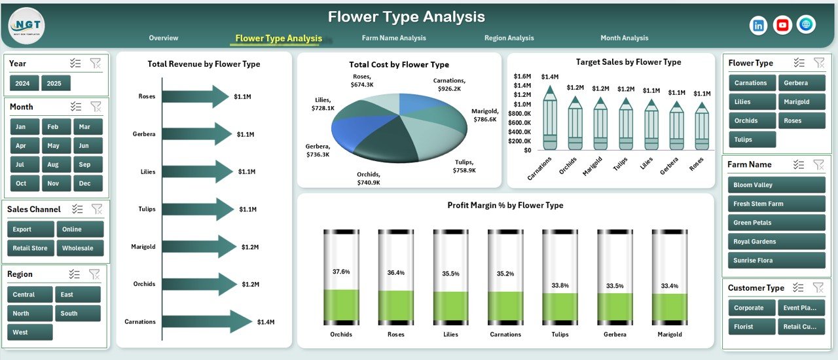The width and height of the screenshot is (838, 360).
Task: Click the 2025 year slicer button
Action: (56, 83)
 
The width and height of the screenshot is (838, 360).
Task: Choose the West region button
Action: (29, 332)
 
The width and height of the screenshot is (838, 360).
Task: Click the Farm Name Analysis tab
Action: (393, 38)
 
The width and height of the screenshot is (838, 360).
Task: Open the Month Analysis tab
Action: (624, 38)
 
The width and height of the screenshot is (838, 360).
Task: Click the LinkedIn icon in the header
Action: (759, 25)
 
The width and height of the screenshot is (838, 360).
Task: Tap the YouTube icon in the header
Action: (782, 25)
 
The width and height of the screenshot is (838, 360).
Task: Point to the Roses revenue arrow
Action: (195, 96)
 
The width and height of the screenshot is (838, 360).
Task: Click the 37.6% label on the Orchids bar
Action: (341, 271)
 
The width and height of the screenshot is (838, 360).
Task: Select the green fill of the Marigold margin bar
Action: (669, 306)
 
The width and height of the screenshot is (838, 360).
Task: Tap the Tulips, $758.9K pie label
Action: (464, 166)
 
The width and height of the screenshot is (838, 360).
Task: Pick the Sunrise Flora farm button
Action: (776, 261)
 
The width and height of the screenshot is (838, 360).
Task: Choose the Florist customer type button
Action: (750, 327)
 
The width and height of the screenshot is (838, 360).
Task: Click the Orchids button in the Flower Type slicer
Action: (752, 120)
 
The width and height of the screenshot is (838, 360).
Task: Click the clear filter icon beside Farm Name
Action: (819, 165)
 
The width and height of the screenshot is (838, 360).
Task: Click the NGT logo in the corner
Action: (27, 26)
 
